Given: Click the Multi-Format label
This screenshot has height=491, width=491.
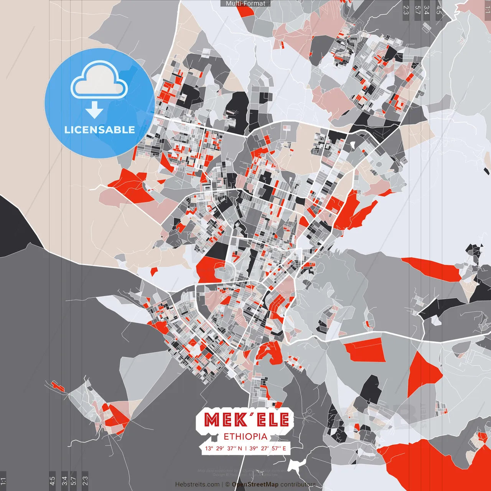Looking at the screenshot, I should [245, 3].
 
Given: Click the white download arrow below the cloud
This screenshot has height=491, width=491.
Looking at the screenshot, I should [94, 110].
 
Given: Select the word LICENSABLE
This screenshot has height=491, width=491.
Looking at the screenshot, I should [100, 130].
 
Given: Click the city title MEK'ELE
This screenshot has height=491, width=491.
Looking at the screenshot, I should [246, 420].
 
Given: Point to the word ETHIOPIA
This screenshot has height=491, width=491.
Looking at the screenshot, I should [245, 437].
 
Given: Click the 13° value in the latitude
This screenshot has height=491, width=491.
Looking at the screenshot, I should [209, 448].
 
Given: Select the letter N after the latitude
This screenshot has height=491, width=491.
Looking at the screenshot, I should [240, 448].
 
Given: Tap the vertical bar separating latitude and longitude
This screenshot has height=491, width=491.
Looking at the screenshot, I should [246, 448].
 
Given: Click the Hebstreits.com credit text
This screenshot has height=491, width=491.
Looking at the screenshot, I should [197, 484].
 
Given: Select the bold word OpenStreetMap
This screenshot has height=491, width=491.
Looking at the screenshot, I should [255, 484].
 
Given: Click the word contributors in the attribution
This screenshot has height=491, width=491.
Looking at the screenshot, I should [298, 484].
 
